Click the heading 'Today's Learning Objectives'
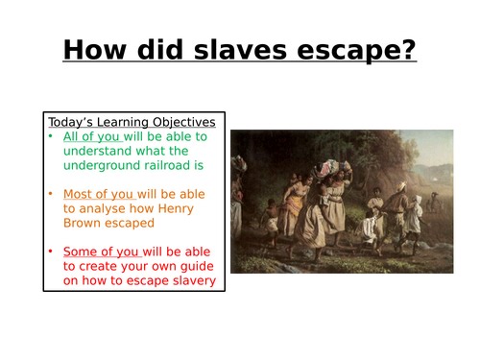pos(132,122)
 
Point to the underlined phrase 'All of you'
pos(92,136)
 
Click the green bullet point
pos(52,136)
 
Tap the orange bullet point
pos(52,194)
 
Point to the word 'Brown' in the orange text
pos(84,223)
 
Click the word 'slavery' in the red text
pos(189,280)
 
